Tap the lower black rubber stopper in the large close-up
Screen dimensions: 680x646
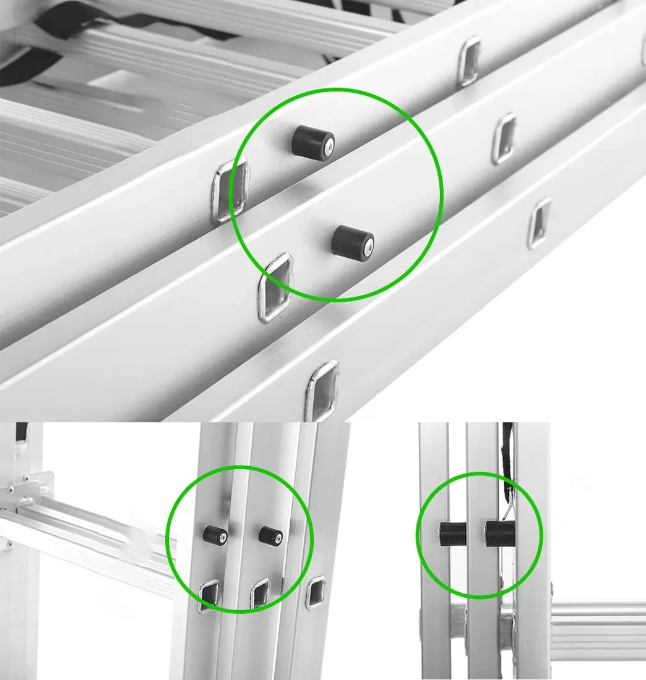(351, 241)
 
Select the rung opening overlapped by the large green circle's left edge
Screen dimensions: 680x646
(230, 190)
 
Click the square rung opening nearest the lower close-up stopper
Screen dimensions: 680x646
(275, 287)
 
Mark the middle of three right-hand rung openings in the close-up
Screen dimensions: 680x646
(505, 138)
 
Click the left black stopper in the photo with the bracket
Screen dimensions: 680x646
(215, 535)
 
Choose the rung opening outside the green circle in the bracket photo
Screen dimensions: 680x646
(316, 592)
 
